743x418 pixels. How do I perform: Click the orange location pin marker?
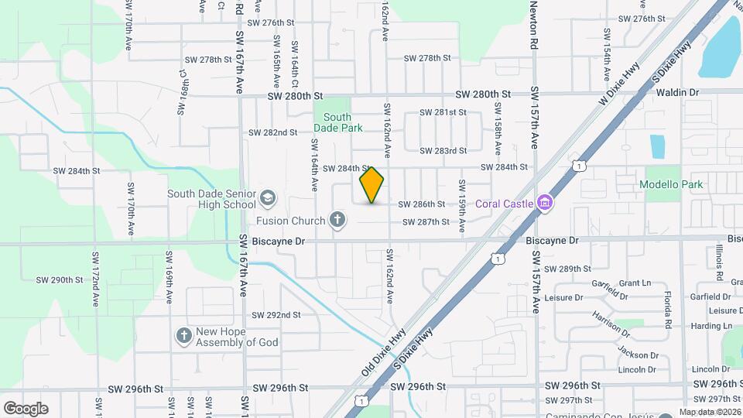click(x=371, y=185)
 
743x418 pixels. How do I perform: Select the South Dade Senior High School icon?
click(x=268, y=197)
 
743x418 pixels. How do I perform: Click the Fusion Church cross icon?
click(x=337, y=221)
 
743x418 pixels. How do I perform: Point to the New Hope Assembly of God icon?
click(x=183, y=336)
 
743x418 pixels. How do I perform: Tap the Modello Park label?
click(x=671, y=185)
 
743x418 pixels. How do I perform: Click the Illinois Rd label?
click(x=719, y=262)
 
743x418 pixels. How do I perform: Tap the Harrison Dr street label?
click(x=611, y=325)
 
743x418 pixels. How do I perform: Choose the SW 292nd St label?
click(x=276, y=315)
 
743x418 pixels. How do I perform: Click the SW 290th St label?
click(x=59, y=279)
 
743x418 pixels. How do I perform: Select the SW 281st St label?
click(x=443, y=112)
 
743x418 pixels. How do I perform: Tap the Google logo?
click(x=26, y=409)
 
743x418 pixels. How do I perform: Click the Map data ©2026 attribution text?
click(x=710, y=412)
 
